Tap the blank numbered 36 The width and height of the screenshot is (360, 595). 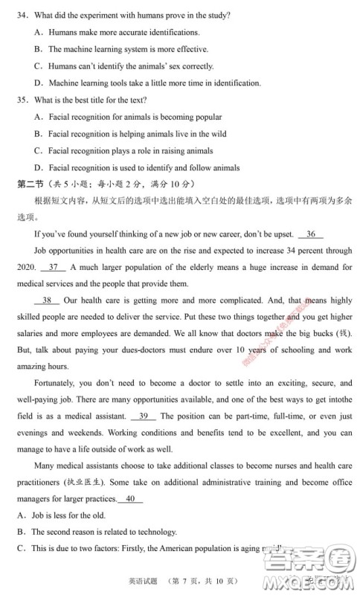314,234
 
